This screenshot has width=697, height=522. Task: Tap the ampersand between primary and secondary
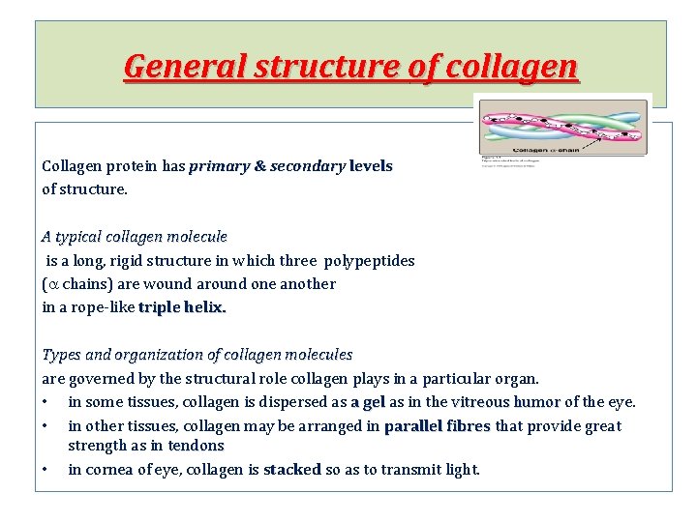click(259, 166)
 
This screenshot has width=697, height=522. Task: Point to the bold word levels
click(371, 166)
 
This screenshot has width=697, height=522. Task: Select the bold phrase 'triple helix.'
click(182, 307)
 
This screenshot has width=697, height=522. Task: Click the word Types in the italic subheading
click(60, 355)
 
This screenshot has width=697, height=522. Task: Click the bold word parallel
click(413, 426)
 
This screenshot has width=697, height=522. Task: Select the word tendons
click(196, 446)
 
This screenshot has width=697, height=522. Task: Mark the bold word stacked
click(292, 470)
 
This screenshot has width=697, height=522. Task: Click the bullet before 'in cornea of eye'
click(46, 470)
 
